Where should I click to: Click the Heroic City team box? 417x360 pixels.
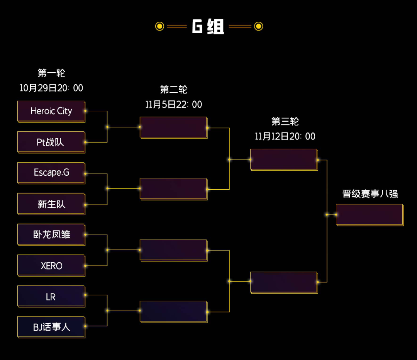point(51,111)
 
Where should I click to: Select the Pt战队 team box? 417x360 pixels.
point(51,142)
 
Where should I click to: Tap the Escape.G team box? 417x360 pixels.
point(51,173)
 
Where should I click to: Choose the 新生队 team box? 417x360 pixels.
point(51,204)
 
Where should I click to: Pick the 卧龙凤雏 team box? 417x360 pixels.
point(51,234)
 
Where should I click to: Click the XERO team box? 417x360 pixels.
point(51,265)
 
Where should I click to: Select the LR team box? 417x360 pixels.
point(51,296)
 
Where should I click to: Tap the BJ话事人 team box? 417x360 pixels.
point(51,327)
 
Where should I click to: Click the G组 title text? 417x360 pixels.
point(208,27)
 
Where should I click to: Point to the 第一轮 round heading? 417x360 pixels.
point(51,73)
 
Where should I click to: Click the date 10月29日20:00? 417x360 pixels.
point(51,88)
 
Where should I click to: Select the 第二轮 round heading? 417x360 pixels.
point(174,90)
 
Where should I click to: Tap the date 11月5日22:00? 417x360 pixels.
point(174,105)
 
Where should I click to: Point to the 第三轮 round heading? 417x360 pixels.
point(285,122)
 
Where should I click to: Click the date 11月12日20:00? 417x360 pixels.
point(285,136)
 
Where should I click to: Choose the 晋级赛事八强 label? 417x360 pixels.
point(370,194)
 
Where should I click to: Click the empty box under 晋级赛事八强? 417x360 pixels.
point(370,214)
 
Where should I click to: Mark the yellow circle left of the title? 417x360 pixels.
point(159,26)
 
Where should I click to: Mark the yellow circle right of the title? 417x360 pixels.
point(259,26)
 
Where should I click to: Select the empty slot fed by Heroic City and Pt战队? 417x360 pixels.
point(173,127)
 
